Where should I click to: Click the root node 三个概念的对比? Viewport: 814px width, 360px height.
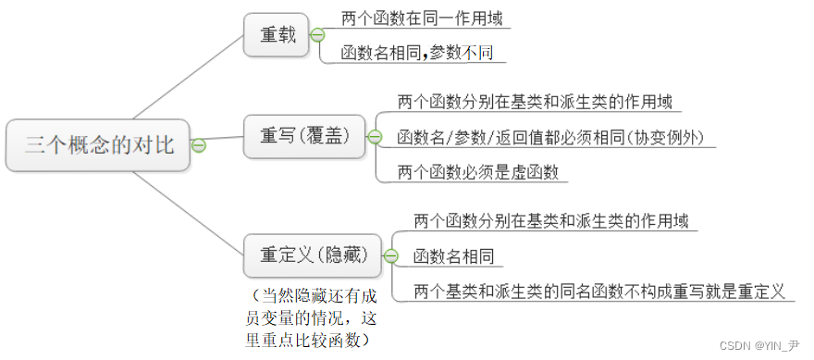pos(97,144)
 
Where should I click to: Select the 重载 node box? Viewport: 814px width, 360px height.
pos(277,35)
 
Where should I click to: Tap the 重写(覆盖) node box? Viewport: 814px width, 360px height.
pos(304,136)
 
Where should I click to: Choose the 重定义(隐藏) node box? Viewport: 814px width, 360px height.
pos(312,255)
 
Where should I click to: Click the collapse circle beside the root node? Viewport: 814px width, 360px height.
pos(199,144)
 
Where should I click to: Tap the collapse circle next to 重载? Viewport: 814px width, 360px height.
pos(317,35)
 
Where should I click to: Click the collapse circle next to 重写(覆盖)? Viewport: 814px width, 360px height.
pos(374,136)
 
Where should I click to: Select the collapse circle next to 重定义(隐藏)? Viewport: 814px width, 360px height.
pos(391,255)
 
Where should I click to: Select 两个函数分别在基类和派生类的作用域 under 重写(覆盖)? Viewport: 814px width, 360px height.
pos(535,102)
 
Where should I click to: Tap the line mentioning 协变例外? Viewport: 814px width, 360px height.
pos(550,137)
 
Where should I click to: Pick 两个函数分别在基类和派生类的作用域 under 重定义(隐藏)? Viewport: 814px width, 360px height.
pos(550,221)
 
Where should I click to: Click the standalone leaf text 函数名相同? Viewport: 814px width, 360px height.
pos(453,256)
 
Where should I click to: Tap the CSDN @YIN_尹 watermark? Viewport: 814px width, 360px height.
pos(764,345)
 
